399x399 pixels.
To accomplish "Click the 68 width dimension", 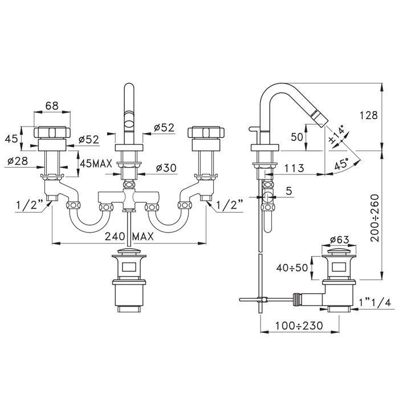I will (52, 106).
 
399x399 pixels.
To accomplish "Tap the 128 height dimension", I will (368, 115).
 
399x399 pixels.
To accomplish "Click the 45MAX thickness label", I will (96, 164).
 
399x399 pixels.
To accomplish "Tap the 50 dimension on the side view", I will (297, 137).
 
